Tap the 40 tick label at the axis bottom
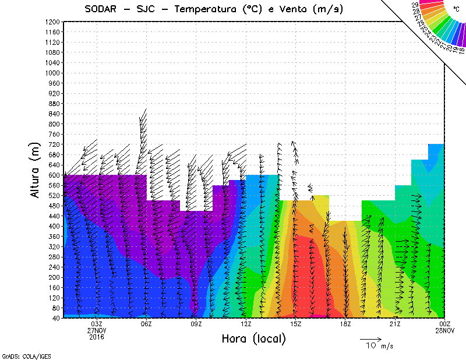pyautogui.click(x=57, y=318)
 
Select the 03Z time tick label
pyautogui.click(x=97, y=324)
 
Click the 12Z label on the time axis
pyautogui.click(x=246, y=324)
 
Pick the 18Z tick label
pyautogui.click(x=345, y=324)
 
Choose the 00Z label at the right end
pyautogui.click(x=445, y=324)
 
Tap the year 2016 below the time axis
pyautogui.click(x=97, y=337)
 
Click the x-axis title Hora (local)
pyautogui.click(x=253, y=338)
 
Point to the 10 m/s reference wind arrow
pyautogui.click(x=370, y=338)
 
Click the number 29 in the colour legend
pyautogui.click(x=415, y=5)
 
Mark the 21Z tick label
pyautogui.click(x=396, y=324)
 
